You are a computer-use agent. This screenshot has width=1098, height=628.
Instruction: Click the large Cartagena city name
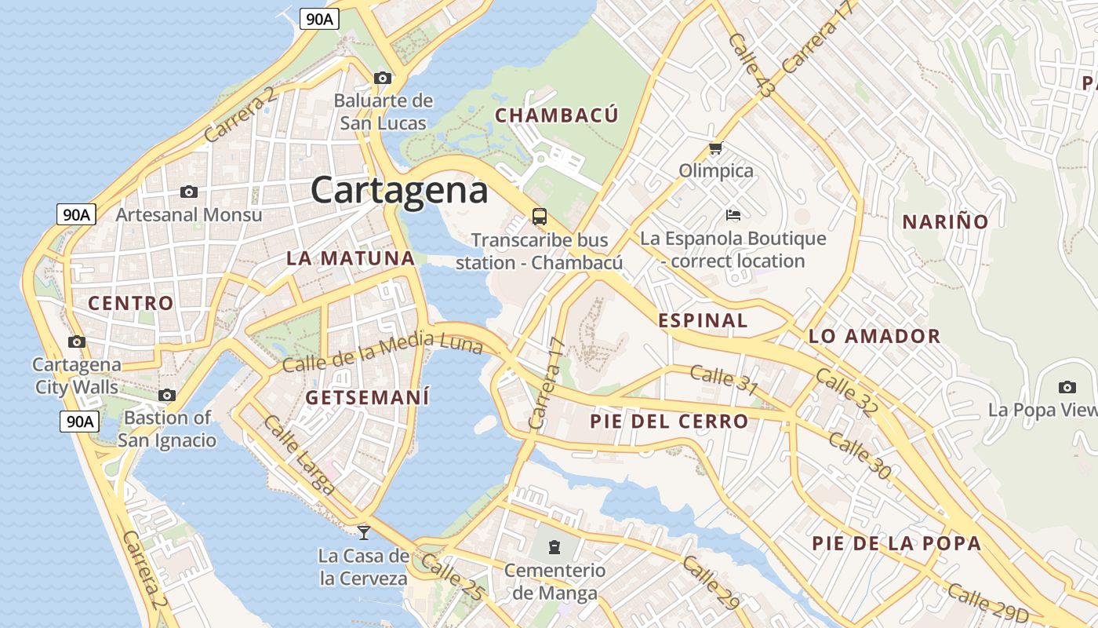(399, 190)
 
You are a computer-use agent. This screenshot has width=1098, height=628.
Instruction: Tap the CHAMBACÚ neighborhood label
(557, 115)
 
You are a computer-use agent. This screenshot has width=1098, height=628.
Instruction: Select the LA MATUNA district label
(350, 258)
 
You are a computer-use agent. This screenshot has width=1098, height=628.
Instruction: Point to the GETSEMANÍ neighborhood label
(367, 397)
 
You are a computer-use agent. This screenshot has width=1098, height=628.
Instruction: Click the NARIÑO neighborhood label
(945, 221)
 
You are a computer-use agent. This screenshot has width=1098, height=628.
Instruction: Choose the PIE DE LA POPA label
(896, 543)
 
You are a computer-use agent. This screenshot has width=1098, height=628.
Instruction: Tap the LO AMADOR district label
(874, 337)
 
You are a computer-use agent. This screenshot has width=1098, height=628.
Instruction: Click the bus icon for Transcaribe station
(539, 216)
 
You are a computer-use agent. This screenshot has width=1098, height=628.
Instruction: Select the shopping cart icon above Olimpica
(715, 148)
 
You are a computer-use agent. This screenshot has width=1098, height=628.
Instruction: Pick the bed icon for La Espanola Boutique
(733, 214)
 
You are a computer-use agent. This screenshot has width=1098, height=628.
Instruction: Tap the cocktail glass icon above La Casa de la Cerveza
(363, 533)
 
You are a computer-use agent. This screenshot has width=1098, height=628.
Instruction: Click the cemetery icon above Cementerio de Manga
(554, 546)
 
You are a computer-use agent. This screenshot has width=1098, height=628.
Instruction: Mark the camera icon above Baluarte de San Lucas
(383, 78)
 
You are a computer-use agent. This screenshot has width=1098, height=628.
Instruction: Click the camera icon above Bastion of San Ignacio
(167, 395)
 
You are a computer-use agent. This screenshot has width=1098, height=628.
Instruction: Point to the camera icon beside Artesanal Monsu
(188, 192)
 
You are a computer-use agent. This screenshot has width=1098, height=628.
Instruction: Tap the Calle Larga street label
(299, 455)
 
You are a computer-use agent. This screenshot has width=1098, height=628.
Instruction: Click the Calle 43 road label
(751, 65)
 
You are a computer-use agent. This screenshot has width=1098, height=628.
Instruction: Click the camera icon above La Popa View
(1067, 387)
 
